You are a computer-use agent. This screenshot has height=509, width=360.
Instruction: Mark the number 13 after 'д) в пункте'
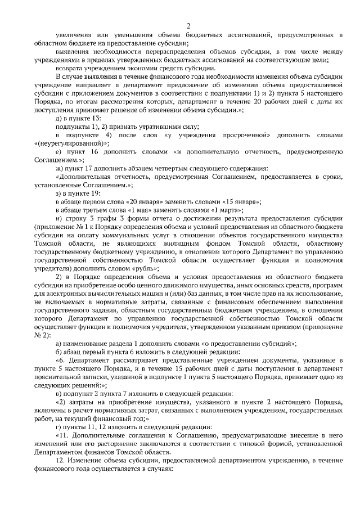click(96, 119)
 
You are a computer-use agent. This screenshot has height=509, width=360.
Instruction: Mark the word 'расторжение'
click(115, 444)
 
